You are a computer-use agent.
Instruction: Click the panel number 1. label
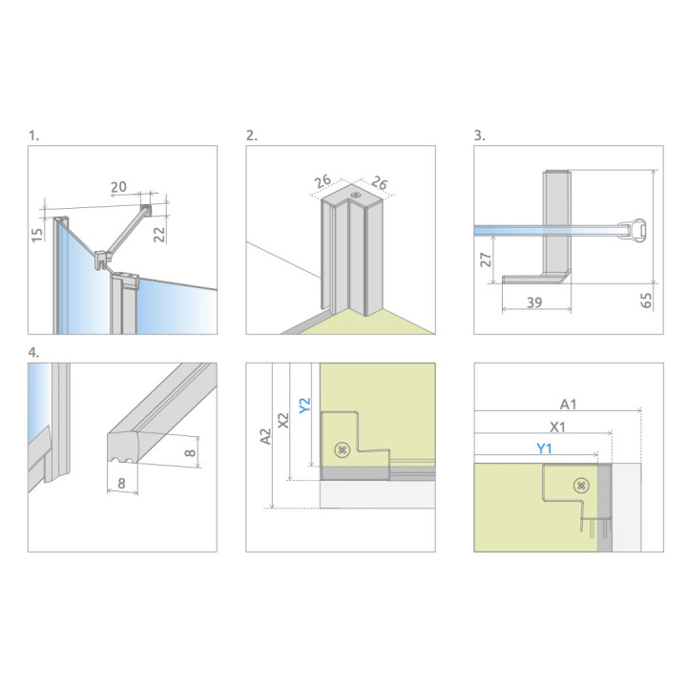[x=33, y=135]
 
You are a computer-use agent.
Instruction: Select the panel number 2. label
[x=252, y=135]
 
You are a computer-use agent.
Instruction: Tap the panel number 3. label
[x=480, y=135]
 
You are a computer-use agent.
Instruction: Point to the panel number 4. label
[x=33, y=351]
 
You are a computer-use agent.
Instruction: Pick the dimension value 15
[x=36, y=233]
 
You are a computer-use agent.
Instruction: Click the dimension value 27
[x=485, y=260]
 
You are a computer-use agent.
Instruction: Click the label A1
[x=568, y=404]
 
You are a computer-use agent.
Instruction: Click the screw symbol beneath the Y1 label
[x=580, y=486]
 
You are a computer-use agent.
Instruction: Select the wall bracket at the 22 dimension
[x=145, y=209]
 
